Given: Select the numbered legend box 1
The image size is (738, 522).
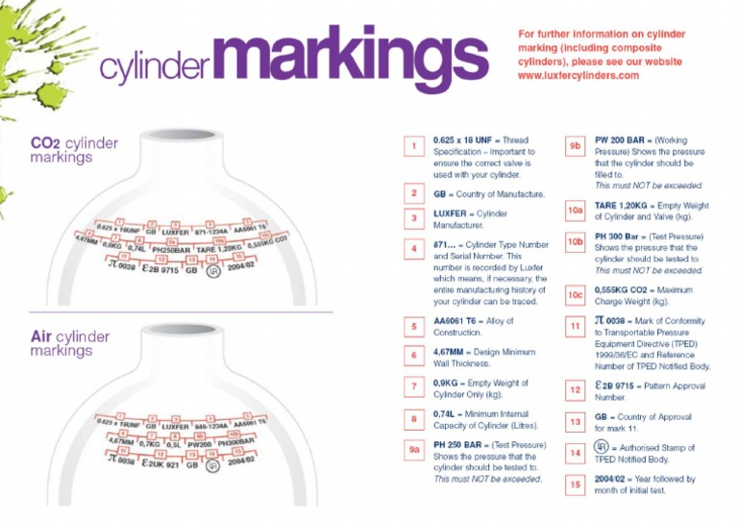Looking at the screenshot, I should tap(413, 146).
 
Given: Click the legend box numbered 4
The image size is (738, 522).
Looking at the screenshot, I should tap(413, 249).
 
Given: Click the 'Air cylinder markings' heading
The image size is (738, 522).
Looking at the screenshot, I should tap(69, 343).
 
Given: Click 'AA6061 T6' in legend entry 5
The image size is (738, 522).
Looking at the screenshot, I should tap(459, 320).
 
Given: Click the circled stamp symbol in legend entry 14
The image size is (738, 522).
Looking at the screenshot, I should tap(603, 447).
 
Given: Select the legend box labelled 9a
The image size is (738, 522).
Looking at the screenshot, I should tap(413, 449).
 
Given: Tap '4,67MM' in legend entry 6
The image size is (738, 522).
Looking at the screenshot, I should tap(454, 352).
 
